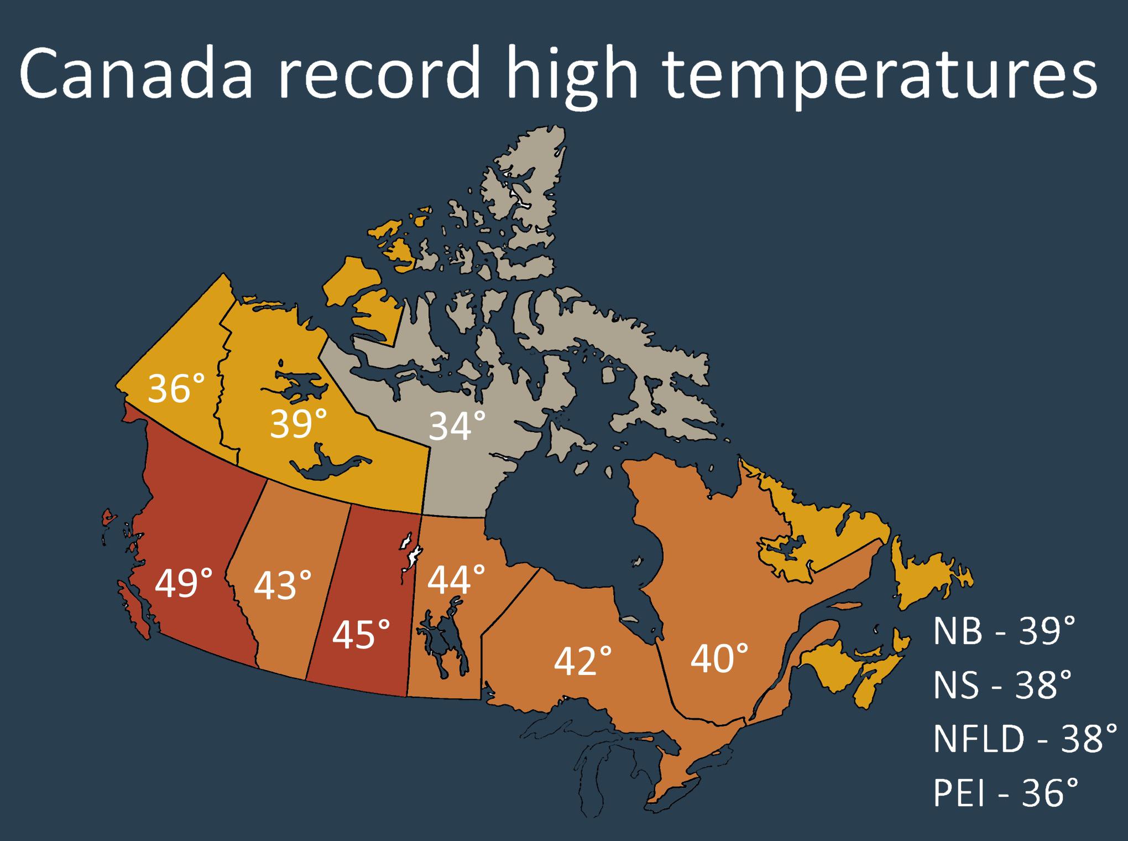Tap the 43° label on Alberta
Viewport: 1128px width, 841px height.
(283, 586)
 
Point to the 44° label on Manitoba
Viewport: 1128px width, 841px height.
(456, 580)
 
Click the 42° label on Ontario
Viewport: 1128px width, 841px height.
(583, 661)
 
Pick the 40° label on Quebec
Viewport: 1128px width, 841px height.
(719, 658)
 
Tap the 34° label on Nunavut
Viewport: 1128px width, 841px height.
(457, 427)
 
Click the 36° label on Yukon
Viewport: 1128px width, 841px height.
(176, 388)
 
